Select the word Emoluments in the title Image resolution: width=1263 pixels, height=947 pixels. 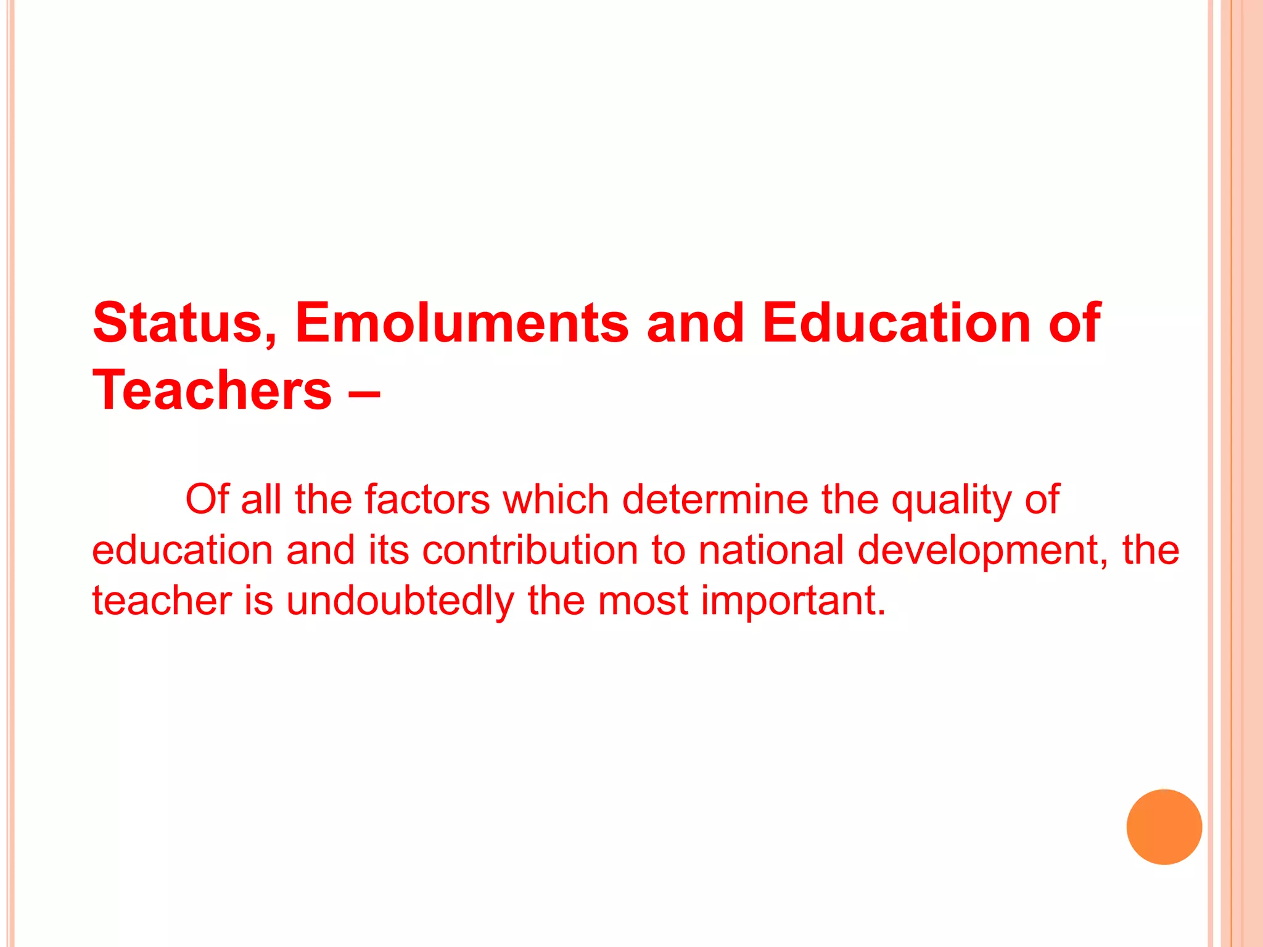click(462, 323)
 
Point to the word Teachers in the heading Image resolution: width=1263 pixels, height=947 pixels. click(212, 390)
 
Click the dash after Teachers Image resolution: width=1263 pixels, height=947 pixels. click(364, 391)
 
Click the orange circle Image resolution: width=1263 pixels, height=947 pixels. click(1164, 827)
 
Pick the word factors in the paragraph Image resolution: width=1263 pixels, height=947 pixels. click(427, 499)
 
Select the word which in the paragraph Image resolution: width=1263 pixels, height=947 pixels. click(556, 499)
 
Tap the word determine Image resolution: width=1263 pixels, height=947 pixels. click(715, 499)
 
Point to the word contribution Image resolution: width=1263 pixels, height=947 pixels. click(530, 550)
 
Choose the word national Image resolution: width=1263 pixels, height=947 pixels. click(770, 550)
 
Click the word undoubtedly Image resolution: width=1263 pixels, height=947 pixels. click(400, 602)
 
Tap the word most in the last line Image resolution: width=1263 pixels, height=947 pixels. click(643, 602)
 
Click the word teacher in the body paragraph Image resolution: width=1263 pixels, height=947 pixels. click(162, 602)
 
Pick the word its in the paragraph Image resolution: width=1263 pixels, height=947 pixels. click(389, 550)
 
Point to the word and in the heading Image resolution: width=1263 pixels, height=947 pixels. click(695, 323)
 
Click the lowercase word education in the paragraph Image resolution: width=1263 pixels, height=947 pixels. click(182, 550)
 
